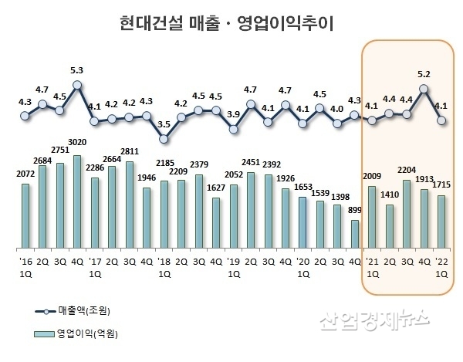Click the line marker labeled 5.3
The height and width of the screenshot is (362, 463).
(77, 85)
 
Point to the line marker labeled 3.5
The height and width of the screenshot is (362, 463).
(164, 139)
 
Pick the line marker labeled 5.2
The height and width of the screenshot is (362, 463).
(424, 89)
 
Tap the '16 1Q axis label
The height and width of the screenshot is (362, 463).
(25, 267)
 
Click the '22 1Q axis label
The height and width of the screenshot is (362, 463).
(441, 267)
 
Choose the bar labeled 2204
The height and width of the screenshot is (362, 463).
(407, 215)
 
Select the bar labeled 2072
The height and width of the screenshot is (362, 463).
(25, 216)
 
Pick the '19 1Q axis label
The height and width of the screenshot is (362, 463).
(234, 267)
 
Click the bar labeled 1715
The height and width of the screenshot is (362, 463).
(441, 222)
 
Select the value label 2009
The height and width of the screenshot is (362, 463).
(372, 176)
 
